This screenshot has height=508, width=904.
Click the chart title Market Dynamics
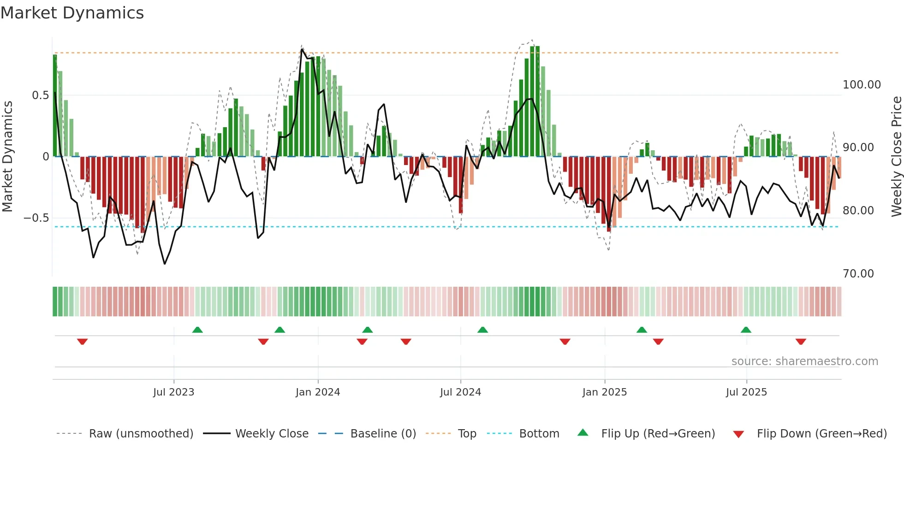tap(72, 13)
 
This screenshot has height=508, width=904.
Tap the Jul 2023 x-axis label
tap(173, 392)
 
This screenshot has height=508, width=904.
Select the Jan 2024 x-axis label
tap(318, 392)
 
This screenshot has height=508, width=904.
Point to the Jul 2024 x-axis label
tap(460, 392)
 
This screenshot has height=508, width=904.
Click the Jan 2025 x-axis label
tap(604, 392)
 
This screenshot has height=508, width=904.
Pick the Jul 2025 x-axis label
tap(746, 392)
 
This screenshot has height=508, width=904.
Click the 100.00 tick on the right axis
tap(862, 85)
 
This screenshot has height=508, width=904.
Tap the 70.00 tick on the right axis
tap(858, 274)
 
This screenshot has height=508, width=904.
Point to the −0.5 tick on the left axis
tap(36, 218)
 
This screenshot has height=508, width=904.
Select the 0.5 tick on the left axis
tap(40, 95)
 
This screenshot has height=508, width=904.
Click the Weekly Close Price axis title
tap(896, 157)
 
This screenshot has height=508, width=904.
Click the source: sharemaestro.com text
tap(804, 361)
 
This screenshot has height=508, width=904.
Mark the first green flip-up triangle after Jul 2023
tap(197, 330)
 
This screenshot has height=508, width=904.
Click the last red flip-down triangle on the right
tap(801, 342)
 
